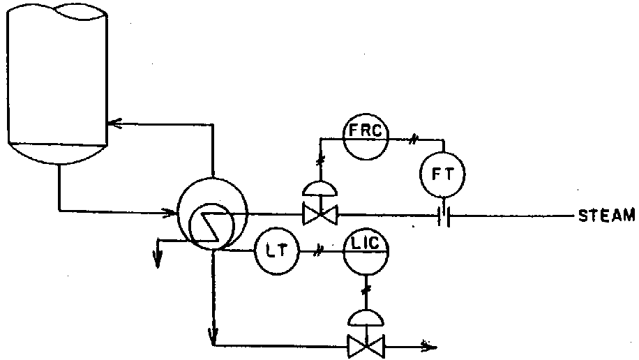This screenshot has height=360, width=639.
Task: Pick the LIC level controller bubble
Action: [366, 249]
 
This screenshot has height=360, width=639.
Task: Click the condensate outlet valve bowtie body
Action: [364, 344]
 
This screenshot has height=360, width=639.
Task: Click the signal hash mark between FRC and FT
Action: [412, 140]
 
